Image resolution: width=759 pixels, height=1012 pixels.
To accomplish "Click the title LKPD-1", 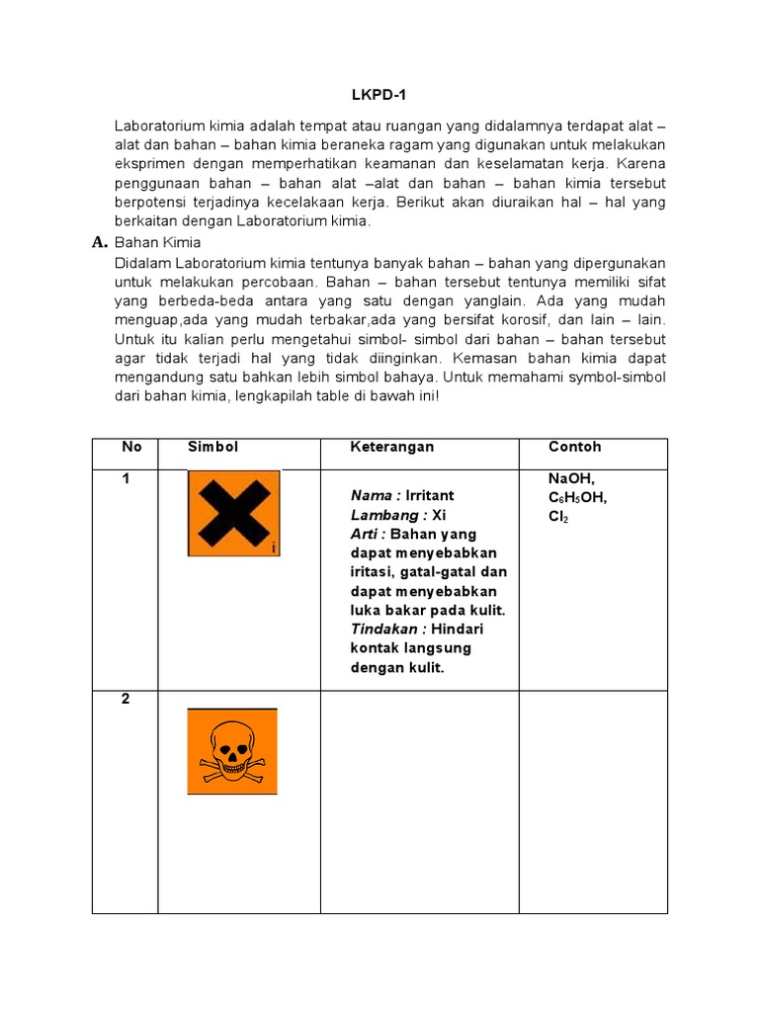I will pyautogui.click(x=380, y=95).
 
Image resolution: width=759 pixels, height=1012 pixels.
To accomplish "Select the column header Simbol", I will pyautogui.click(x=213, y=447).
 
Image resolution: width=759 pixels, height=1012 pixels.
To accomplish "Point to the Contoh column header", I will pyautogui.click(x=575, y=447).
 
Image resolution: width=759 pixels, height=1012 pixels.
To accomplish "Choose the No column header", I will pyautogui.click(x=131, y=447).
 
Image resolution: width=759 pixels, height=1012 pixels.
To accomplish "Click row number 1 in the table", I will pyautogui.click(x=126, y=478).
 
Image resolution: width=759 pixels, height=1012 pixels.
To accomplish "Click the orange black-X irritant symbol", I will pyautogui.click(x=233, y=513).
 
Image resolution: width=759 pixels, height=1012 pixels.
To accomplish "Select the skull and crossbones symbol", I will pyautogui.click(x=232, y=751).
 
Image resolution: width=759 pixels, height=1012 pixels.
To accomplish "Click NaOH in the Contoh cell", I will pyautogui.click(x=571, y=478).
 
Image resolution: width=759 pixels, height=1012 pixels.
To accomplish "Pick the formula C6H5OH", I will pyautogui.click(x=578, y=497).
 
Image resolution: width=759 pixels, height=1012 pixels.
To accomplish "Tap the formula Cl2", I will pyautogui.click(x=559, y=517).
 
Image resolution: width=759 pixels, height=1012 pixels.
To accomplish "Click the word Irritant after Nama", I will pyautogui.click(x=430, y=495).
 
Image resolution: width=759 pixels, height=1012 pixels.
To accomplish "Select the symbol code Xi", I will pyautogui.click(x=440, y=515).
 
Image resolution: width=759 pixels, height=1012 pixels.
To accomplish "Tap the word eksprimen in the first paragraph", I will pyautogui.click(x=151, y=164).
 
